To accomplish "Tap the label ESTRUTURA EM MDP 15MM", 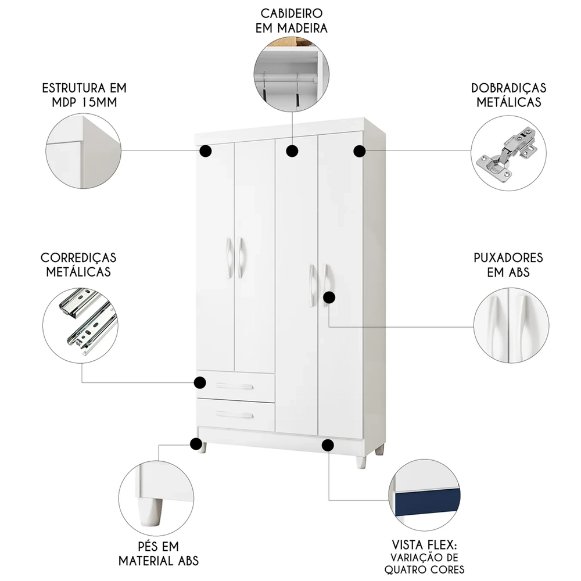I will (84, 95).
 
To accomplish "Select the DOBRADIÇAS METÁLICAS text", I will (509, 95).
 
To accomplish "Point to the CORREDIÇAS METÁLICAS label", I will (78, 264).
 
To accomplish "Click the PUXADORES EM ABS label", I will (500, 264).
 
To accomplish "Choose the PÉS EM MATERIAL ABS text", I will (159, 553).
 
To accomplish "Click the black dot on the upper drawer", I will (200, 382).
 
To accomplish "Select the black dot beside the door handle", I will (329, 297).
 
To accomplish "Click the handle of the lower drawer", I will (234, 414).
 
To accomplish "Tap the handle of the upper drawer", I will (234, 388).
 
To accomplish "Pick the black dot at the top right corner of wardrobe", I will (360, 152).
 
